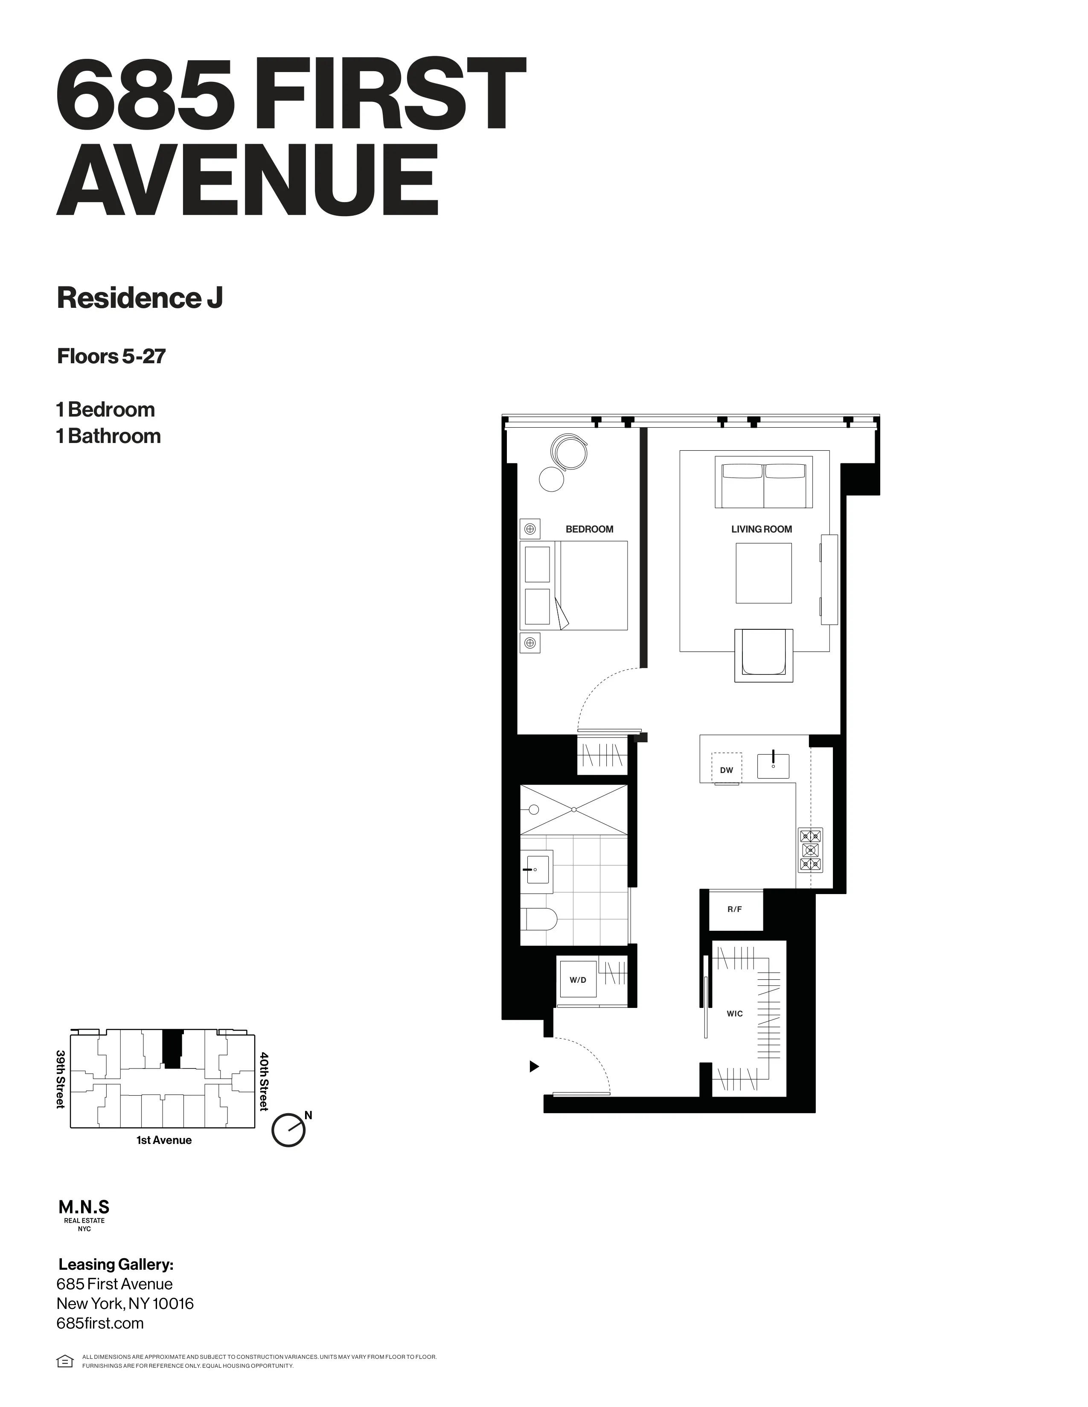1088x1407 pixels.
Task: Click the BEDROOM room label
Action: tap(589, 530)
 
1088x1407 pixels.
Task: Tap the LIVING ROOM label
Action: tap(761, 530)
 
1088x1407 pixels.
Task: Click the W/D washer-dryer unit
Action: tap(578, 980)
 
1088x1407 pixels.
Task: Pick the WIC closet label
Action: tap(735, 1013)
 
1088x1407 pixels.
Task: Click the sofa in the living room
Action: tap(764, 484)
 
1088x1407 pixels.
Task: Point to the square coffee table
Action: tap(764, 573)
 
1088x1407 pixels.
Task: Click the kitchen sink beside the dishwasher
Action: tap(773, 764)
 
